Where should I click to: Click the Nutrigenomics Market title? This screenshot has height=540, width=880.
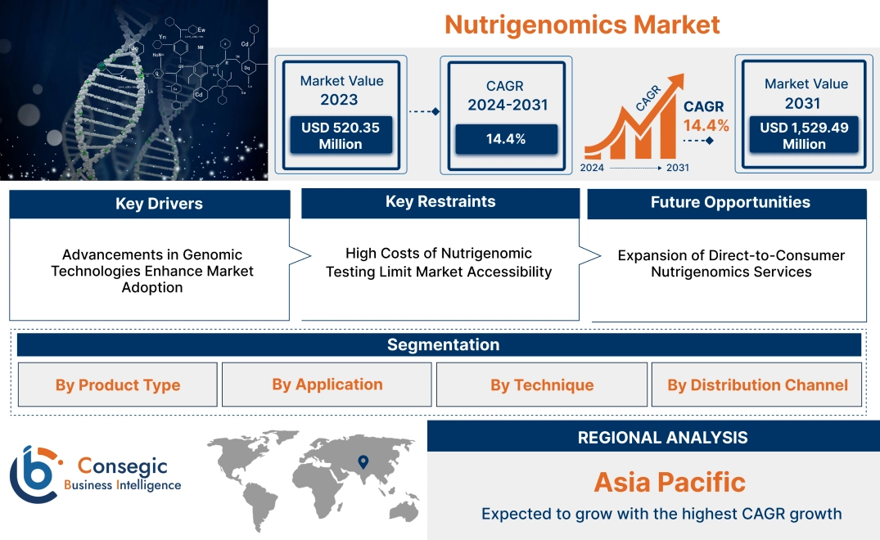click(582, 24)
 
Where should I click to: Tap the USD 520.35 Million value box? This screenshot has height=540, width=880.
click(340, 135)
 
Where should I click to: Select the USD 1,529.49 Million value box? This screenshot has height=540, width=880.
click(804, 135)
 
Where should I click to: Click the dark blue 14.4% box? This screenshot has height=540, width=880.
click(506, 138)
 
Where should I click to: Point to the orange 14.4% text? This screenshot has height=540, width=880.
click(706, 126)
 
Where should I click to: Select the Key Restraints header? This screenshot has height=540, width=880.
click(440, 202)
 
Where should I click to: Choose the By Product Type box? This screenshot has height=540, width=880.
click(118, 385)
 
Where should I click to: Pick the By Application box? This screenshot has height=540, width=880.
click(327, 384)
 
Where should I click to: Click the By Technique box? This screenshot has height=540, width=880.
click(542, 385)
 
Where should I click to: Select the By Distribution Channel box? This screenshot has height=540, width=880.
click(757, 385)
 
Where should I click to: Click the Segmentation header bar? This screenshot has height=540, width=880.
click(443, 344)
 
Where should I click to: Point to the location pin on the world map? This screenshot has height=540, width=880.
click(363, 462)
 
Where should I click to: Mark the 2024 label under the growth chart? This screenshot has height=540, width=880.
click(593, 168)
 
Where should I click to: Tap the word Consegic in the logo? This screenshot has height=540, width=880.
click(122, 466)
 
